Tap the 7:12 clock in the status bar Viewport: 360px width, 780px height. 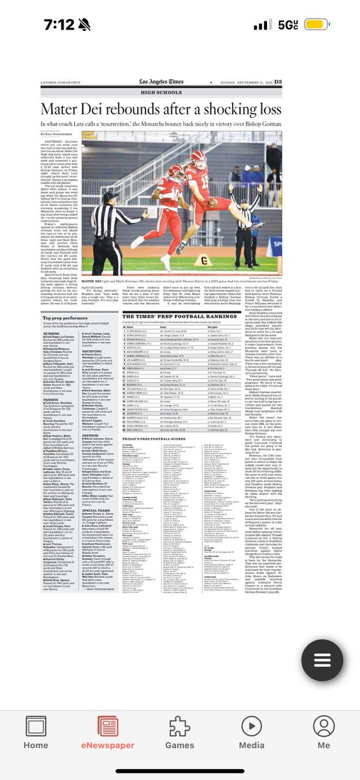33,25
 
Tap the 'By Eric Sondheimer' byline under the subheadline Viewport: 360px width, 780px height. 60,134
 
